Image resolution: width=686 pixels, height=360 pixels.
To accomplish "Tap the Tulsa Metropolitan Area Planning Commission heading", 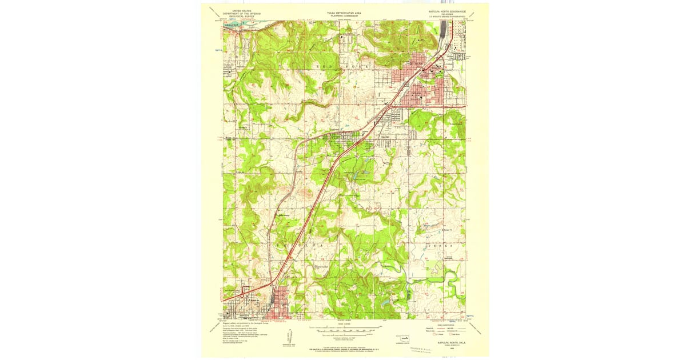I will tap(344, 13).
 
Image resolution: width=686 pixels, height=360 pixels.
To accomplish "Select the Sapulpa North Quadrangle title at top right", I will tap(448, 13).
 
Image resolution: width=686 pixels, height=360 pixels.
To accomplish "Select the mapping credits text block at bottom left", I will tap(240, 331).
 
